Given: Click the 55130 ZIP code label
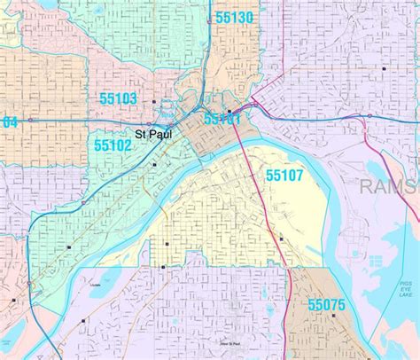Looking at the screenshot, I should [234, 18].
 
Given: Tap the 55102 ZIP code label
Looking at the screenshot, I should [113, 144].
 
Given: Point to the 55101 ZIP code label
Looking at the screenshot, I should [222, 118].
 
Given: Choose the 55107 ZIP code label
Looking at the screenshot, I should [284, 176].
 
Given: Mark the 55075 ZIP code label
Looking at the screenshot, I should [327, 304].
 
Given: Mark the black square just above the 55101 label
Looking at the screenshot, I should [228, 111].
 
